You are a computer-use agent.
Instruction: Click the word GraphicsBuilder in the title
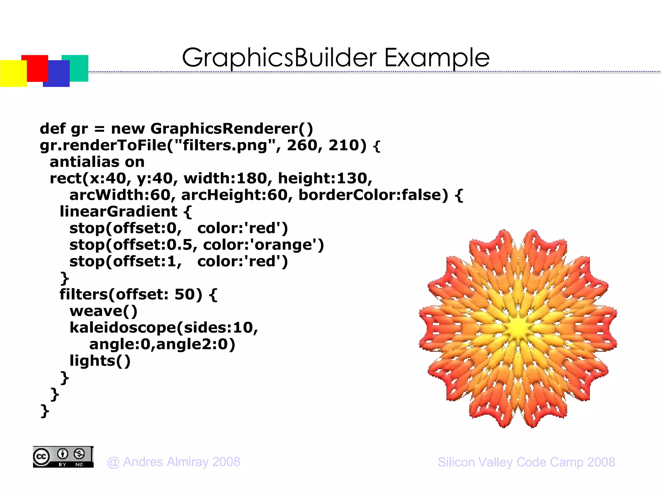click(279, 58)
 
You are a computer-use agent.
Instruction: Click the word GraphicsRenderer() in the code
click(232, 129)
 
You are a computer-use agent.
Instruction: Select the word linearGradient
click(119, 212)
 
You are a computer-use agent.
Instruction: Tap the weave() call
click(104, 311)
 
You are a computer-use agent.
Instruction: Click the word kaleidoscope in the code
click(123, 328)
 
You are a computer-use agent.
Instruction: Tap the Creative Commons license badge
click(63, 457)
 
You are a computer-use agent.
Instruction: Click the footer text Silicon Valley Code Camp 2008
click(526, 462)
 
